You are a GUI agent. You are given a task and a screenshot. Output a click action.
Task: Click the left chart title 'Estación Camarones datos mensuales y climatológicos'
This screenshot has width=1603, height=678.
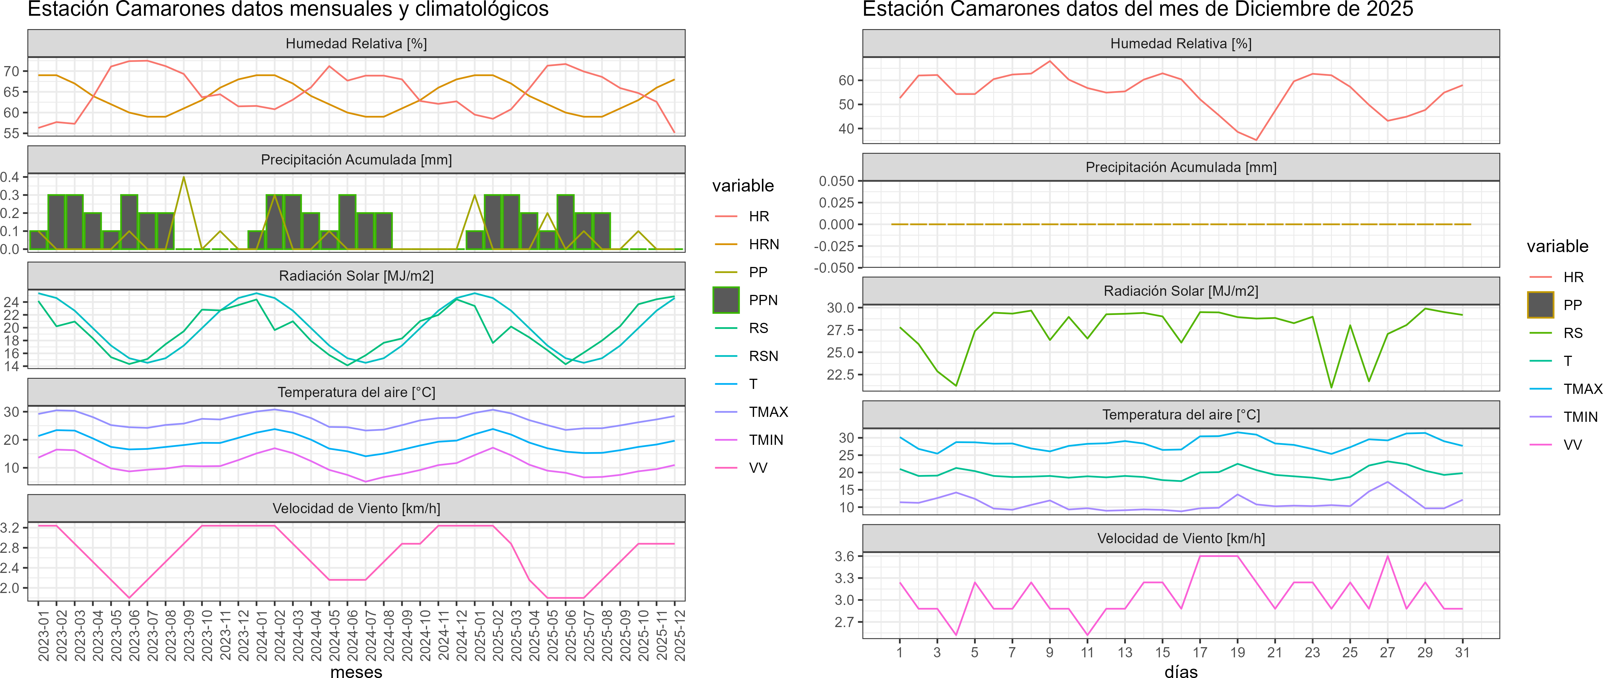[x=288, y=9]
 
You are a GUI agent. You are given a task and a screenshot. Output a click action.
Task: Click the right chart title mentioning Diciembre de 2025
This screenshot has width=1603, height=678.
[x=1138, y=9]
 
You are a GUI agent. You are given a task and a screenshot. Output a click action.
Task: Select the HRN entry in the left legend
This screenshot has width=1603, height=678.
[x=764, y=244]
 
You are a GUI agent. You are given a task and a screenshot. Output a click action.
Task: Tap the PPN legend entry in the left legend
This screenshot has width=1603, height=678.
[x=763, y=300]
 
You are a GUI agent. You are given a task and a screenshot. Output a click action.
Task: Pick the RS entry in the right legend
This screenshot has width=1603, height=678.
[x=1572, y=333]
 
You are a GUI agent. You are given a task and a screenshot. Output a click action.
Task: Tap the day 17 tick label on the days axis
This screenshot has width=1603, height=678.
[x=1200, y=652]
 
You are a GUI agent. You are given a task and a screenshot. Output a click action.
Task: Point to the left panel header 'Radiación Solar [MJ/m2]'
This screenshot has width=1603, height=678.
[x=356, y=276]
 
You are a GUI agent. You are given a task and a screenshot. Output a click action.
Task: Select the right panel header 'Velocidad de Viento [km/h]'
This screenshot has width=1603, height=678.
[x=1181, y=539]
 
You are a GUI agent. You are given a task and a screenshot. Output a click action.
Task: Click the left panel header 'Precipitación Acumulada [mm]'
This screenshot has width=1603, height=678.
[x=356, y=160]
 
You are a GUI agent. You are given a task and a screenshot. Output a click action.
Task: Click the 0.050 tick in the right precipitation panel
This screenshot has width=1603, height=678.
[x=836, y=181]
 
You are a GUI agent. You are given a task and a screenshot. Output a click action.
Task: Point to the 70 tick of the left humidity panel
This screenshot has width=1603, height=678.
[x=11, y=72]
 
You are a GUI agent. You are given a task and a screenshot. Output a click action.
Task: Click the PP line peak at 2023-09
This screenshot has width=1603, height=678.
[x=184, y=178]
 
